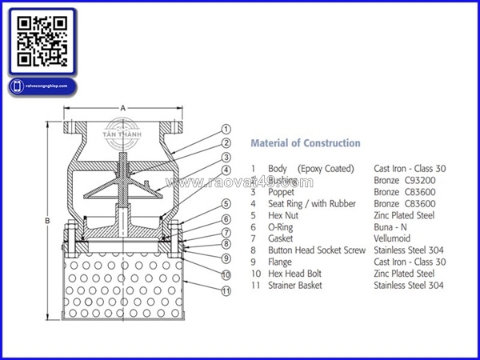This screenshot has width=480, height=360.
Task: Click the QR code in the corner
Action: pos(41,41)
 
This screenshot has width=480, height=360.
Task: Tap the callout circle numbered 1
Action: pos(226,129)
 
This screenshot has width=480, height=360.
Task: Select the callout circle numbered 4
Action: pos(226,170)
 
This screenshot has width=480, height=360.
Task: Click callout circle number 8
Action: pos(226,244)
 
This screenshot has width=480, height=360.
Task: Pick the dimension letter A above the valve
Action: pos(122,106)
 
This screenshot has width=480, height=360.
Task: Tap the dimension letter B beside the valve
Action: pos(47,220)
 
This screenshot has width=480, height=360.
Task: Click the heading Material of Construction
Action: pos(306,143)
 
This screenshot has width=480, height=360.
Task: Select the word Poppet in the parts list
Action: pos(282,192)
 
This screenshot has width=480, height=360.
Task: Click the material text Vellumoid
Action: pos(398,238)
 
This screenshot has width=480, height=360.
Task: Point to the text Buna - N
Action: pos(393,227)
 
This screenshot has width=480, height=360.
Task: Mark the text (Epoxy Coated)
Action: pos(326,169)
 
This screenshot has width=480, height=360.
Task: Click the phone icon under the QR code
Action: pos(16,86)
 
